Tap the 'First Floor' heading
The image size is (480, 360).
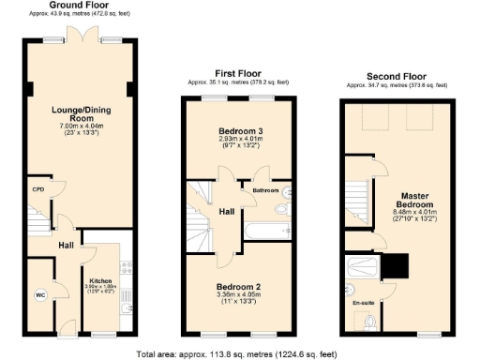click(237, 72)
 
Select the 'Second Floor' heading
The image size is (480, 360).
click(397, 78)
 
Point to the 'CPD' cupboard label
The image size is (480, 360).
click(37, 187)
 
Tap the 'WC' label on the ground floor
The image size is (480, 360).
click(40, 295)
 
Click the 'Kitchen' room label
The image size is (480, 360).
click(101, 280)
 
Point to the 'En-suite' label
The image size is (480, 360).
click(363, 304)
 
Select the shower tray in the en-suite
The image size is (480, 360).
click(362, 271)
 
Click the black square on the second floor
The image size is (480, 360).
click(397, 268)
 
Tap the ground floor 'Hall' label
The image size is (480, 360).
click(67, 246)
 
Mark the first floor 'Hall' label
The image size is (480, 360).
click(227, 213)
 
